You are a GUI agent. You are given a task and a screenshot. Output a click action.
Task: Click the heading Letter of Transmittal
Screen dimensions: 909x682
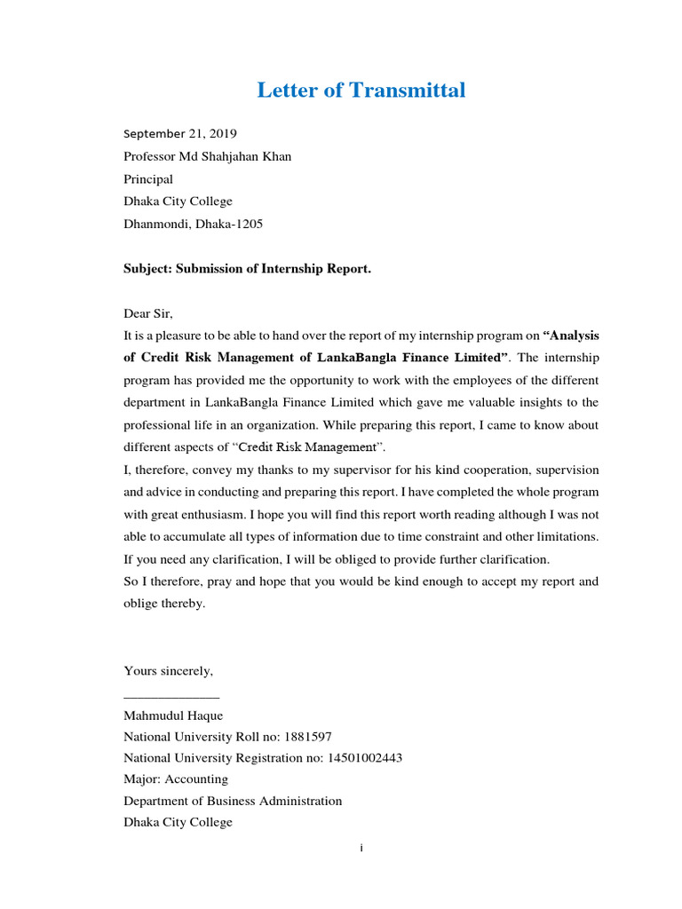pyautogui.click(x=361, y=90)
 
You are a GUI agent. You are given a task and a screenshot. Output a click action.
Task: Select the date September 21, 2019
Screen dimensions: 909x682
pyautogui.click(x=180, y=134)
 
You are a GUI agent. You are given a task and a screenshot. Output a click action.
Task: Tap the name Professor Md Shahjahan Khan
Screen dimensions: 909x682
pyautogui.click(x=207, y=157)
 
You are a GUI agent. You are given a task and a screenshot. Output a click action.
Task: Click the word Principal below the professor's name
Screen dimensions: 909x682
pyautogui.click(x=148, y=179)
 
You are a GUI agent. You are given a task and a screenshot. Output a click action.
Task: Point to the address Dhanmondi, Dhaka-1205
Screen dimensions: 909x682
pyautogui.click(x=193, y=225)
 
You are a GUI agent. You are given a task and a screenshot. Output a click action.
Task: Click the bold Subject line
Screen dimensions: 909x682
pyautogui.click(x=247, y=269)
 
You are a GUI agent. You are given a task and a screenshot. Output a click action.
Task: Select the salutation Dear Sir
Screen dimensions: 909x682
pyautogui.click(x=148, y=313)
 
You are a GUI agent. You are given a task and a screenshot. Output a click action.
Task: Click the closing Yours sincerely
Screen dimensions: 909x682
pyautogui.click(x=168, y=671)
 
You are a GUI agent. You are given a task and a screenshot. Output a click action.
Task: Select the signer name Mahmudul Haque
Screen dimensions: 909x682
pyautogui.click(x=173, y=715)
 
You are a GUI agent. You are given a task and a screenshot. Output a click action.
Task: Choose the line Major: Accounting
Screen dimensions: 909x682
pyautogui.click(x=176, y=779)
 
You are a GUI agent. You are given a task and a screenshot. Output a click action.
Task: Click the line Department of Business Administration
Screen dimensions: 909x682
pyautogui.click(x=233, y=801)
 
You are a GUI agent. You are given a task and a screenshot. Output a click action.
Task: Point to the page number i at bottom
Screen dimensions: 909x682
pyautogui.click(x=361, y=849)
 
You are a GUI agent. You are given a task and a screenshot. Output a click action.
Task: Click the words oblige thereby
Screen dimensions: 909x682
pyautogui.click(x=164, y=604)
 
